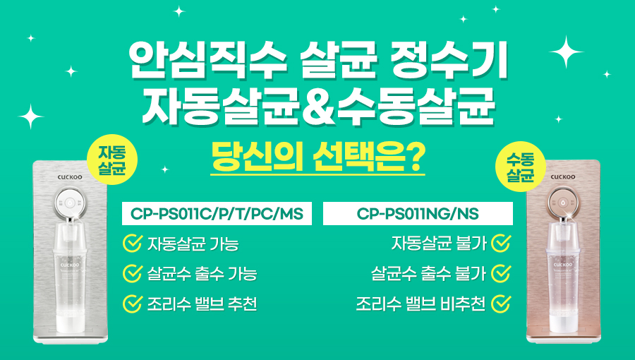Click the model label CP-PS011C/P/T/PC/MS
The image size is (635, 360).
[217, 213]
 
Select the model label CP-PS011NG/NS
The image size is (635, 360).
[418, 213]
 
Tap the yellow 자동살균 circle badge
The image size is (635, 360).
[112, 160]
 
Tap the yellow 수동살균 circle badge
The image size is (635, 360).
[521, 167]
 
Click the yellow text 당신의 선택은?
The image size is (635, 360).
[318, 157]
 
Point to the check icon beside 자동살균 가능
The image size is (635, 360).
[133, 243]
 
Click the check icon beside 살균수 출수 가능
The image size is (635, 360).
[133, 273]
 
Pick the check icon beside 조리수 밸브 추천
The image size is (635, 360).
[133, 304]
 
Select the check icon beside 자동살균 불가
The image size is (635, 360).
[501, 243]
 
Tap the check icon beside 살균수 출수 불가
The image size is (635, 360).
[501, 273]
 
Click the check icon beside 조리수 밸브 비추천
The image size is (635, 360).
[501, 304]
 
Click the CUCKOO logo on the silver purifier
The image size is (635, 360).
[70, 177]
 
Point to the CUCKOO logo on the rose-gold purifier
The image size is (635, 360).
[563, 177]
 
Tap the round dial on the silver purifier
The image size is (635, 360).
[71, 202]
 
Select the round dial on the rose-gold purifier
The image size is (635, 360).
[563, 202]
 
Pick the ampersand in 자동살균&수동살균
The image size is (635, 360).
[319, 108]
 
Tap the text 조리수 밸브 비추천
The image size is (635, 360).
[421, 304]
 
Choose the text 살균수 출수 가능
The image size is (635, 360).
[202, 273]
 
